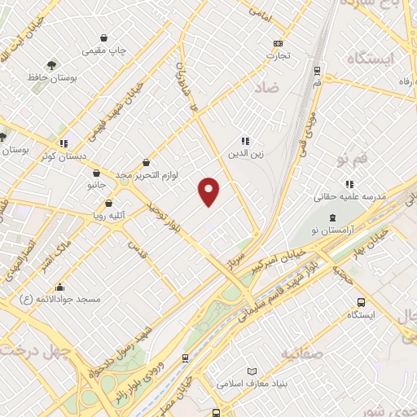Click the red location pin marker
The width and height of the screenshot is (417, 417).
(x=209, y=191)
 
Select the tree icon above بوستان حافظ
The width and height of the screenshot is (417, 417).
(x=52, y=64)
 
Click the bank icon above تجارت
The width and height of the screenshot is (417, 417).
(x=279, y=43)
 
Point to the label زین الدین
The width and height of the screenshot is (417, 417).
(x=245, y=153)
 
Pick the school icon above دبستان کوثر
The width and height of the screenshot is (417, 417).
(x=64, y=144)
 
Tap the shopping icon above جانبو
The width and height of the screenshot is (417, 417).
(x=97, y=173)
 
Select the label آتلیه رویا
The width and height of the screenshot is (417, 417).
(x=108, y=217)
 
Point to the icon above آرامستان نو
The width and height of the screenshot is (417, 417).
(x=332, y=217)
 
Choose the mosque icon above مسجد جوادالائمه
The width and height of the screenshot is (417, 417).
(x=59, y=288)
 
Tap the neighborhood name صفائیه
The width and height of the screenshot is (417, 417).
(x=302, y=353)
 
